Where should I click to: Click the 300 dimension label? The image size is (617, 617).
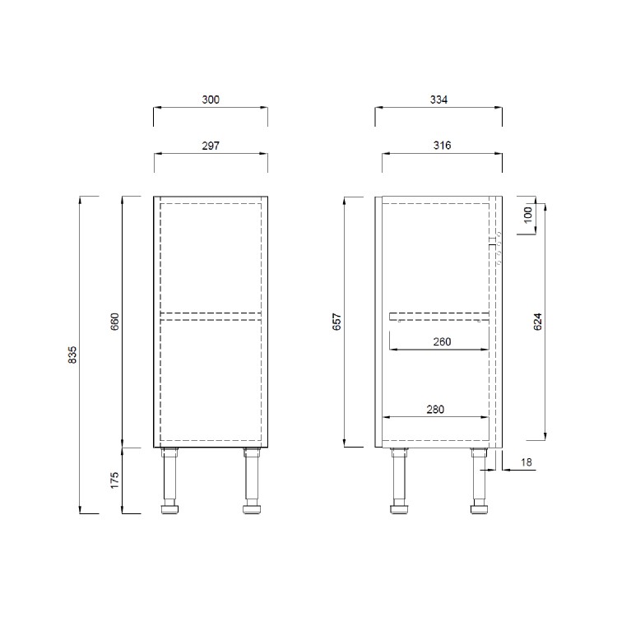(x=211, y=100)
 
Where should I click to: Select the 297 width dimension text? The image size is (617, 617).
(x=211, y=145)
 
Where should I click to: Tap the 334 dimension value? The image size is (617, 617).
(x=438, y=100)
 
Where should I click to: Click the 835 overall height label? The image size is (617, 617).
(x=72, y=355)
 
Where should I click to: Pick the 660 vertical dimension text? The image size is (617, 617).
(x=115, y=321)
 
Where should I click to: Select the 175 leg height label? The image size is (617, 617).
(x=115, y=480)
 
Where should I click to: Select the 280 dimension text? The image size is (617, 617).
(x=437, y=409)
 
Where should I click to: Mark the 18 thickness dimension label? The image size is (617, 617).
(x=527, y=464)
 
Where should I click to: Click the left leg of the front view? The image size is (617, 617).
(x=170, y=481)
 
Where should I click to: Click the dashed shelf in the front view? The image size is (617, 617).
(x=211, y=314)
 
